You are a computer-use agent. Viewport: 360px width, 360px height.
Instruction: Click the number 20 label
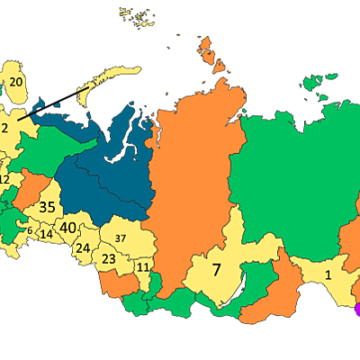pos(16,82)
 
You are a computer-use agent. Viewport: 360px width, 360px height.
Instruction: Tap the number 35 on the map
pos(48,206)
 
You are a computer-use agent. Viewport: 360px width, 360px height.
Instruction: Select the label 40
pos(67,228)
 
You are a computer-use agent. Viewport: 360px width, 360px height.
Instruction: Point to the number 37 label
pos(120,238)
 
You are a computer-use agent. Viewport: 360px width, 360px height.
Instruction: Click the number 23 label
pos(108,259)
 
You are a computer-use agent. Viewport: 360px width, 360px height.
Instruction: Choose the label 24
pos(82,247)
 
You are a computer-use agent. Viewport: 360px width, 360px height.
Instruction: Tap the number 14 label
pos(47,234)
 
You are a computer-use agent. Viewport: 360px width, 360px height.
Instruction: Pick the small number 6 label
pos(29,231)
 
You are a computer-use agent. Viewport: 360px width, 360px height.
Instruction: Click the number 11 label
pos(142,267)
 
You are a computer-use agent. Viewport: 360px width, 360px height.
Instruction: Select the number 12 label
pos(4,179)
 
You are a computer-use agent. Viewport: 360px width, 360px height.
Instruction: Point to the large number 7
pos(216,269)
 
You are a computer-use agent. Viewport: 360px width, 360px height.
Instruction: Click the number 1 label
pos(328,275)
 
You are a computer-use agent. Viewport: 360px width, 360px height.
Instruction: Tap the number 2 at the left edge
pos(4,128)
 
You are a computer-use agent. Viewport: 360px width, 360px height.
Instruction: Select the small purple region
pos(356,309)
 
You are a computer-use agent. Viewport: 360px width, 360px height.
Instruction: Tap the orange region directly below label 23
pos(117,285)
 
